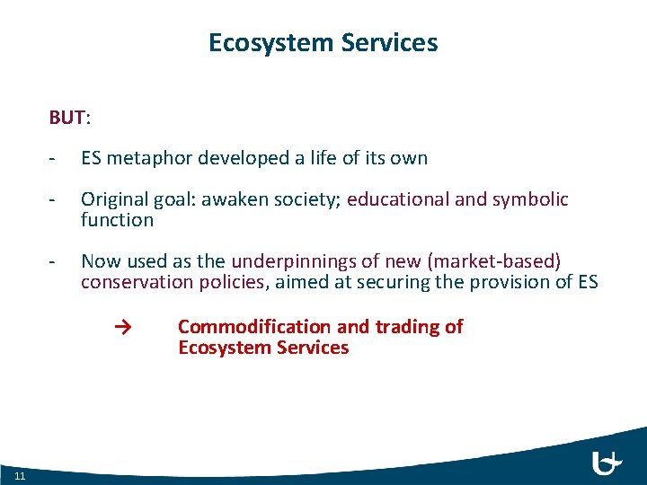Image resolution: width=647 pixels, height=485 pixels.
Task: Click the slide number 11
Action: [21, 474]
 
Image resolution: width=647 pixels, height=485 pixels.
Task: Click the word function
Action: [117, 220]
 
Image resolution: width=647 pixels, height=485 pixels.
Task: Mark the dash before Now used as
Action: [54, 261]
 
